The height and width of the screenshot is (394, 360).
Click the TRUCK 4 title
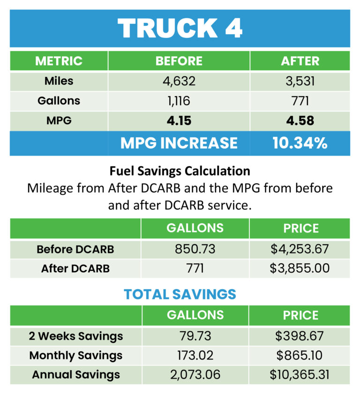tap(180, 28)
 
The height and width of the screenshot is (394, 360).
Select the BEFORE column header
tap(179, 61)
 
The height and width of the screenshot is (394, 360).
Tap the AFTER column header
tap(300, 61)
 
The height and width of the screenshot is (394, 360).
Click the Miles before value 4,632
tap(179, 81)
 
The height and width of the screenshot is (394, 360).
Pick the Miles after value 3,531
tap(300, 81)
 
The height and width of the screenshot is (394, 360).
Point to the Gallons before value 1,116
tap(179, 101)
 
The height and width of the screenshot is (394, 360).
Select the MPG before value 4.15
tap(179, 121)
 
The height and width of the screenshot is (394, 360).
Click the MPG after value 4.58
tap(300, 121)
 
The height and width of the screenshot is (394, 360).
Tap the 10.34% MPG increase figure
tap(300, 143)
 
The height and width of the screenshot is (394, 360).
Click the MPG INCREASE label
tap(179, 143)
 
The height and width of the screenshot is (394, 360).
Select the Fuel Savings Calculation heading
tap(180, 171)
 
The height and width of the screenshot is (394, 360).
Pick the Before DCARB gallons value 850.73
tap(195, 249)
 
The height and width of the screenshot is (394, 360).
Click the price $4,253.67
tap(300, 249)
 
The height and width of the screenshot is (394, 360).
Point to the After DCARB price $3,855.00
tap(300, 268)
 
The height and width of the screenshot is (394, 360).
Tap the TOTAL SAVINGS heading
tap(180, 294)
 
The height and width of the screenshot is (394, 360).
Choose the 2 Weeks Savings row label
tap(76, 336)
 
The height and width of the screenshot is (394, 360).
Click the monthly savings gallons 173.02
tap(195, 356)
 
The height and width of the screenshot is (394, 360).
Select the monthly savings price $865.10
tap(300, 356)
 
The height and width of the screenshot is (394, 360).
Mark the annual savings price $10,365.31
tap(300, 375)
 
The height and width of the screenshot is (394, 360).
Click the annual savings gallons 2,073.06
tap(195, 375)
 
